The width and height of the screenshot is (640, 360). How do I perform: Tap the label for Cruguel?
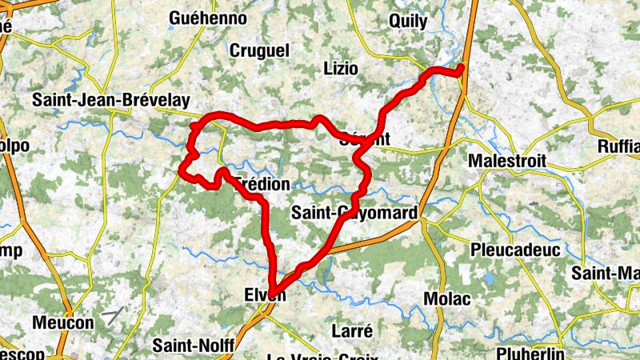point(259,50)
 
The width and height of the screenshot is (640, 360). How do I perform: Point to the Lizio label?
point(340,68)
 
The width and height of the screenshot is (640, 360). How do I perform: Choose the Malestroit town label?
point(507,161)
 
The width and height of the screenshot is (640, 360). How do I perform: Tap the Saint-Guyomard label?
point(354,213)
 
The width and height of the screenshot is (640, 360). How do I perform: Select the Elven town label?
point(263,295)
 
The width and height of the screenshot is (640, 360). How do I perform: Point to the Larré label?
point(351,330)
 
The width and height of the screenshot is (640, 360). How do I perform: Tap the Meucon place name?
point(63,322)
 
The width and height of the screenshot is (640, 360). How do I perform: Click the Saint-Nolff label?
point(193,346)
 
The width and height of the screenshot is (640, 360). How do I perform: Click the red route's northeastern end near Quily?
point(462,73)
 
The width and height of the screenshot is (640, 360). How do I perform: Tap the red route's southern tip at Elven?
point(273,293)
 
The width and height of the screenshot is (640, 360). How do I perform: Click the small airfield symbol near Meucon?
point(113,316)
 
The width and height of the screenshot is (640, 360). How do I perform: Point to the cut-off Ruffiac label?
point(618,146)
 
